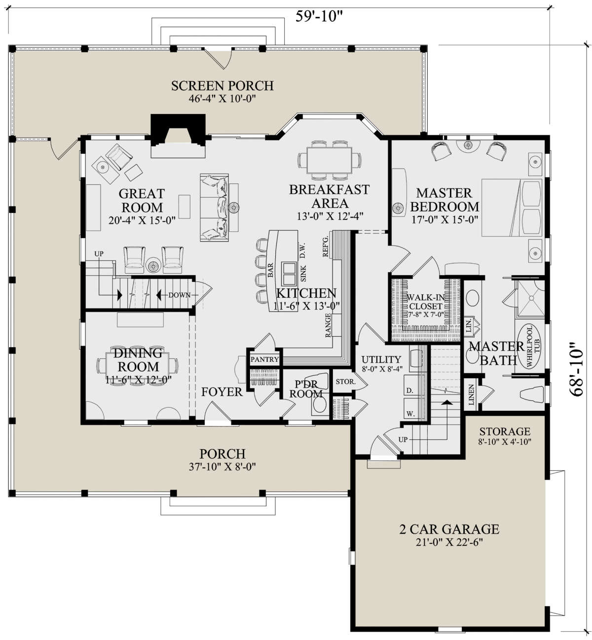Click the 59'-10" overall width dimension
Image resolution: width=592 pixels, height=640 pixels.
[319, 16]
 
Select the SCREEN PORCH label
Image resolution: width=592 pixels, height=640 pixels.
[222, 86]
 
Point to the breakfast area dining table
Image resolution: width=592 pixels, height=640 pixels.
[329, 160]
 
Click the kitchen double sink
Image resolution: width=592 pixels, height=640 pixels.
[289, 274]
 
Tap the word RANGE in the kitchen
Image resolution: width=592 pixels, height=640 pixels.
[328, 325]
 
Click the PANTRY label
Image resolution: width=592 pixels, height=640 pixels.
[264, 359]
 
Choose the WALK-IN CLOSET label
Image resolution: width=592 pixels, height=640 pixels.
[425, 302]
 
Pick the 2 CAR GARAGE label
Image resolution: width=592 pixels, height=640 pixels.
[449, 529]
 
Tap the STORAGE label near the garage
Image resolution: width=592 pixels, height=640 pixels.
[505, 431]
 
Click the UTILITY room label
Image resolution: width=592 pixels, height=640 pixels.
[381, 359]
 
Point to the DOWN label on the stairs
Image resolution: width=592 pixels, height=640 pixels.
[179, 295]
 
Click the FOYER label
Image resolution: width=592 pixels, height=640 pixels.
[222, 392]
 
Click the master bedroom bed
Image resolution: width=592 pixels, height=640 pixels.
[512, 208]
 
